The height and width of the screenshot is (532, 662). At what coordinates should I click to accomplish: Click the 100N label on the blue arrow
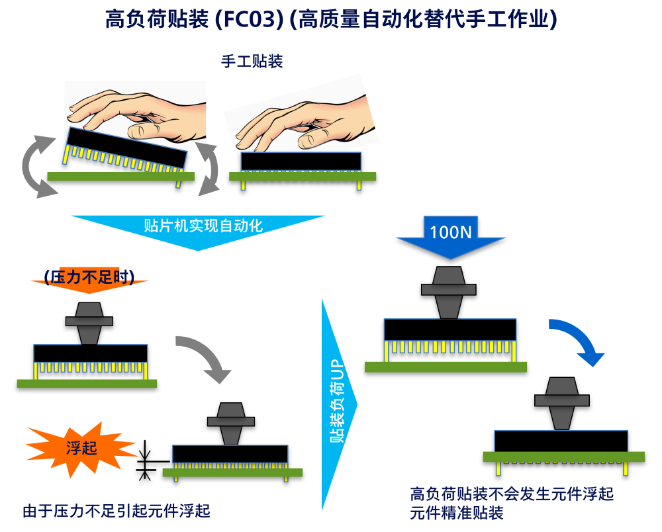pos(451,232)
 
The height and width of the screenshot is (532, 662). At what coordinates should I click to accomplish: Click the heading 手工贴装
pos(252,62)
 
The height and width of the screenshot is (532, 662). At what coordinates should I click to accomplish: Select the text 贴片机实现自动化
pos(203,226)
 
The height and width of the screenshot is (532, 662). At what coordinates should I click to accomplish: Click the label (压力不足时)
pos(89,277)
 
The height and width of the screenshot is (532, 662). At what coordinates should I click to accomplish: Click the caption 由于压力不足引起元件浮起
pos(116,511)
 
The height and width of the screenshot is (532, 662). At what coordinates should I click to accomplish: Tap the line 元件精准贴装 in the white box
pos(457,513)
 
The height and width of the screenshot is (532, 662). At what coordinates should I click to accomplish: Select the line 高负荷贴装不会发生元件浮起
pos(512,494)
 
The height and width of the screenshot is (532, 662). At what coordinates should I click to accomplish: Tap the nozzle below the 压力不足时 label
pos(89,322)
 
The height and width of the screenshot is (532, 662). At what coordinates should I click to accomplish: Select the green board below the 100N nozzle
pos(446,367)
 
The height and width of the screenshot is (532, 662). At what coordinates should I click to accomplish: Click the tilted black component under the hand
pos(126,148)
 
